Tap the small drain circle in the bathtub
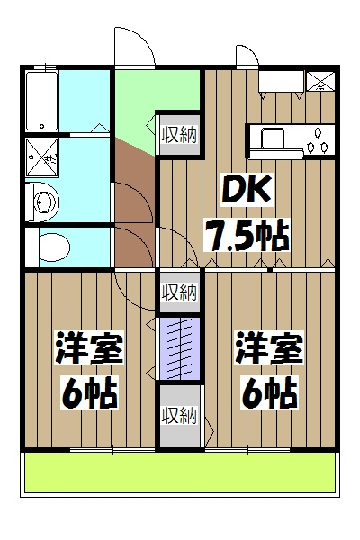34,124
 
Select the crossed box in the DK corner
320,82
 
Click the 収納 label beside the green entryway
180,136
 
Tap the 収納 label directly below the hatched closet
180,415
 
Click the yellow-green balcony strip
181,472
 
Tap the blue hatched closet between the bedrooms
180,350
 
